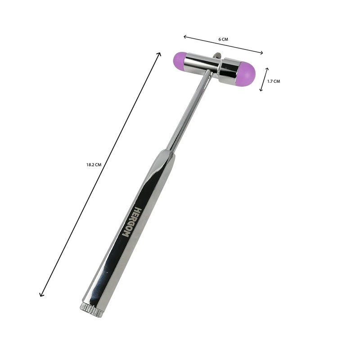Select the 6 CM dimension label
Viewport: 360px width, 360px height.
pos(223,39)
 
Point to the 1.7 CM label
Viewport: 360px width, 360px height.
pos(274,81)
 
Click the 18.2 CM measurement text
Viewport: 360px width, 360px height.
pos(94,165)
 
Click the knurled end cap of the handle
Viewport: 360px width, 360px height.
pos(92,309)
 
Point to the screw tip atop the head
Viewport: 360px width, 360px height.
pos(216,55)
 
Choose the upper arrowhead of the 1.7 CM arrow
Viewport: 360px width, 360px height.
pos(267,69)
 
